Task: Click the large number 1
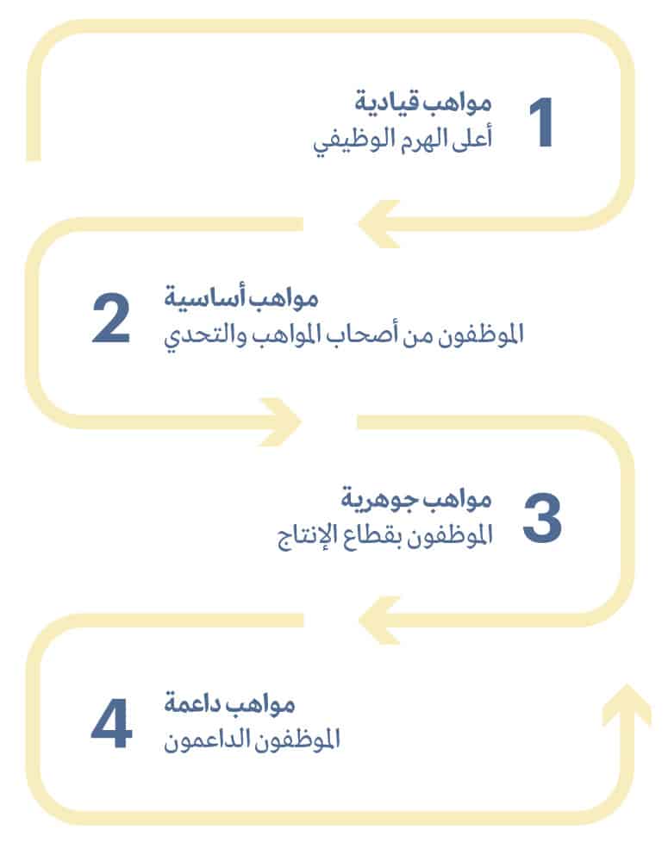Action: point(541,122)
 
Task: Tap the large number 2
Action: point(111,318)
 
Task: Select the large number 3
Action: point(541,517)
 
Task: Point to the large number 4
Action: point(112,724)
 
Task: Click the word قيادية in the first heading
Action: point(381,103)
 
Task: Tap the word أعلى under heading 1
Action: point(472,137)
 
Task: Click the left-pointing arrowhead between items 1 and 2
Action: point(379,224)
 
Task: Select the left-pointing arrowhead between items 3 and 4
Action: point(379,621)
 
